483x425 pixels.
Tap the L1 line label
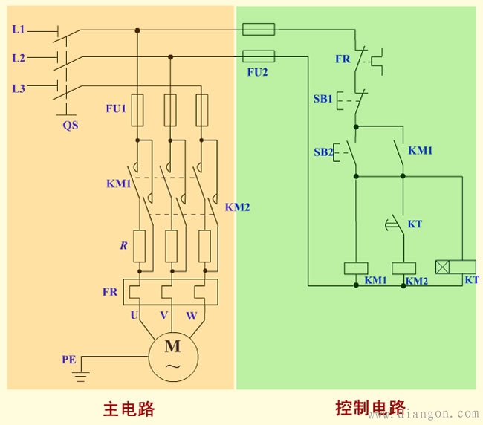pyautogui.click(x=19, y=30)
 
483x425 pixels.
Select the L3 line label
pyautogui.click(x=19, y=88)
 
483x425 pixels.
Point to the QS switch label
pyautogui.click(x=70, y=126)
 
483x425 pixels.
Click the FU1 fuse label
pyautogui.click(x=116, y=108)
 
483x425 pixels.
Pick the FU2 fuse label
pyautogui.click(x=257, y=73)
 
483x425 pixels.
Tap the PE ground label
pyautogui.click(x=68, y=360)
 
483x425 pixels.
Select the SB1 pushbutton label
pyautogui.click(x=322, y=99)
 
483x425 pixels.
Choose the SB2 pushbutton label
pyautogui.click(x=322, y=152)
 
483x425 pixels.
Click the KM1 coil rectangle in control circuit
pyautogui.click(x=356, y=268)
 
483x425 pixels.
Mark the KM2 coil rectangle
pyautogui.click(x=403, y=268)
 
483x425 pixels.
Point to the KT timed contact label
pyautogui.click(x=415, y=224)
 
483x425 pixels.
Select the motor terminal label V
pyautogui.click(x=163, y=315)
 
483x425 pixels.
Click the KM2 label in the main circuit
pyautogui.click(x=237, y=207)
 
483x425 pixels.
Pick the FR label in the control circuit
pyautogui.click(x=343, y=58)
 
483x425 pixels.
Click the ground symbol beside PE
pyautogui.click(x=80, y=375)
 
